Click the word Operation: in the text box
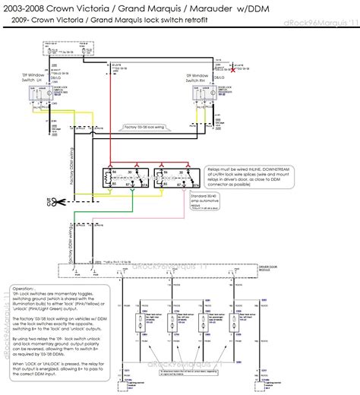[25, 289]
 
